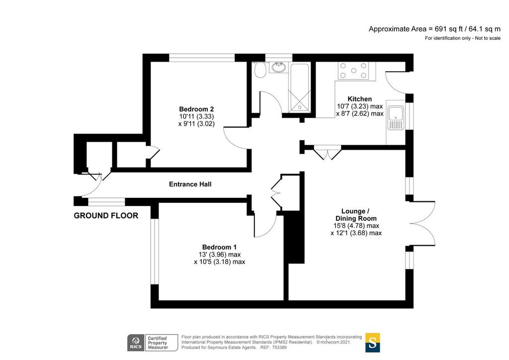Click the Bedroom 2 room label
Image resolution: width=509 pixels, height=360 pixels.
click(x=196, y=109)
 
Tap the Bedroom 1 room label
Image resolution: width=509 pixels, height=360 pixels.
click(x=219, y=247)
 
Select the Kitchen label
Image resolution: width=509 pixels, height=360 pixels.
click(x=360, y=99)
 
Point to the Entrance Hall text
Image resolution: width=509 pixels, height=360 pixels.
click(x=190, y=184)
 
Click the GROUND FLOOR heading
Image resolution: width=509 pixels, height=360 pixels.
click(x=106, y=215)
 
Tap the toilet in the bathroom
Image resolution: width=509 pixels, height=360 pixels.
click(x=259, y=70)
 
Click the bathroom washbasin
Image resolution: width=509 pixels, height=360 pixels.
click(x=279, y=68)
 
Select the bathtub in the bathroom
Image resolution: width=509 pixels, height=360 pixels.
click(x=300, y=88)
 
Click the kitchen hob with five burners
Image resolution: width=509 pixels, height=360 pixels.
click(x=353, y=71)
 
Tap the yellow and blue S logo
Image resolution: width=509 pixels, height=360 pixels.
click(x=372, y=343)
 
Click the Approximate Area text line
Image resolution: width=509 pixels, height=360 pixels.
click(x=434, y=29)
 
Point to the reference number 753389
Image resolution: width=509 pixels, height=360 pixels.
click(x=279, y=348)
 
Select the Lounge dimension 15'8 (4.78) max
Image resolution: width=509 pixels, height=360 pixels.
click(x=356, y=226)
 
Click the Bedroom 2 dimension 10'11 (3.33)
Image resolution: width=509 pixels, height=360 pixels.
click(x=196, y=116)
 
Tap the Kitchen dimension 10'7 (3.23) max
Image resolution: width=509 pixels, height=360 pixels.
click(x=360, y=106)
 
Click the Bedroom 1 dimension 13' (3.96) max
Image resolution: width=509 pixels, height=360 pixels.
click(x=219, y=255)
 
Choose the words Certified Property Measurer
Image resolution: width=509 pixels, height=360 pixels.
click(x=158, y=343)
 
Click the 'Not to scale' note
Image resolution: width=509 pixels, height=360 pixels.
click(x=488, y=38)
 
